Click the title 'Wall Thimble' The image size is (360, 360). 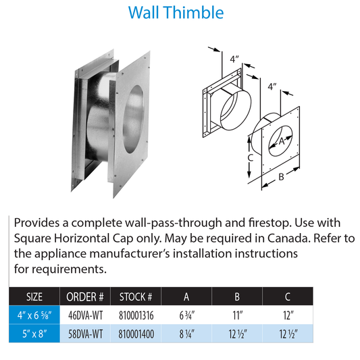pos(180,13)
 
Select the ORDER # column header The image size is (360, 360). pos(85,296)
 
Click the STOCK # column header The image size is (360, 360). pos(140,296)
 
